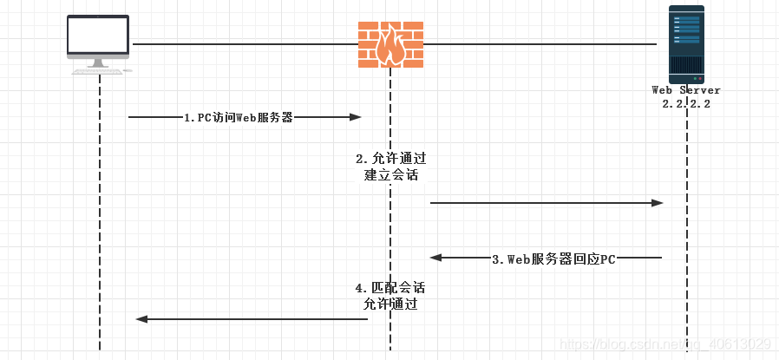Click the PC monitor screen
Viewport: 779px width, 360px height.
(99, 36)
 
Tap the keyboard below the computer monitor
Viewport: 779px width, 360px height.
(98, 70)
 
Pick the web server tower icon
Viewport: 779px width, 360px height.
(686, 43)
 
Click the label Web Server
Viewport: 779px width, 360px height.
(686, 90)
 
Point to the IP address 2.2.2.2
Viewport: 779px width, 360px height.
(686, 103)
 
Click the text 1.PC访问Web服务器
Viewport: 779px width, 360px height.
(238, 117)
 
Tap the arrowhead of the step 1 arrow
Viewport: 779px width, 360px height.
(356, 117)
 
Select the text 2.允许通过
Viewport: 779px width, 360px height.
(391, 159)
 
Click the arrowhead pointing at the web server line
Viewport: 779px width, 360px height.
(658, 203)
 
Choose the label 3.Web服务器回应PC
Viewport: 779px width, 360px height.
(553, 259)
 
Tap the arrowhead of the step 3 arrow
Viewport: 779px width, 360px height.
(436, 258)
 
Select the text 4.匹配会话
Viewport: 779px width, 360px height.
(390, 287)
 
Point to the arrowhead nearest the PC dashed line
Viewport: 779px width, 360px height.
(141, 319)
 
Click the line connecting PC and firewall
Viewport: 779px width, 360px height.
(243, 43)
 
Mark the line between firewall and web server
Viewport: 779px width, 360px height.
(538, 43)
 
